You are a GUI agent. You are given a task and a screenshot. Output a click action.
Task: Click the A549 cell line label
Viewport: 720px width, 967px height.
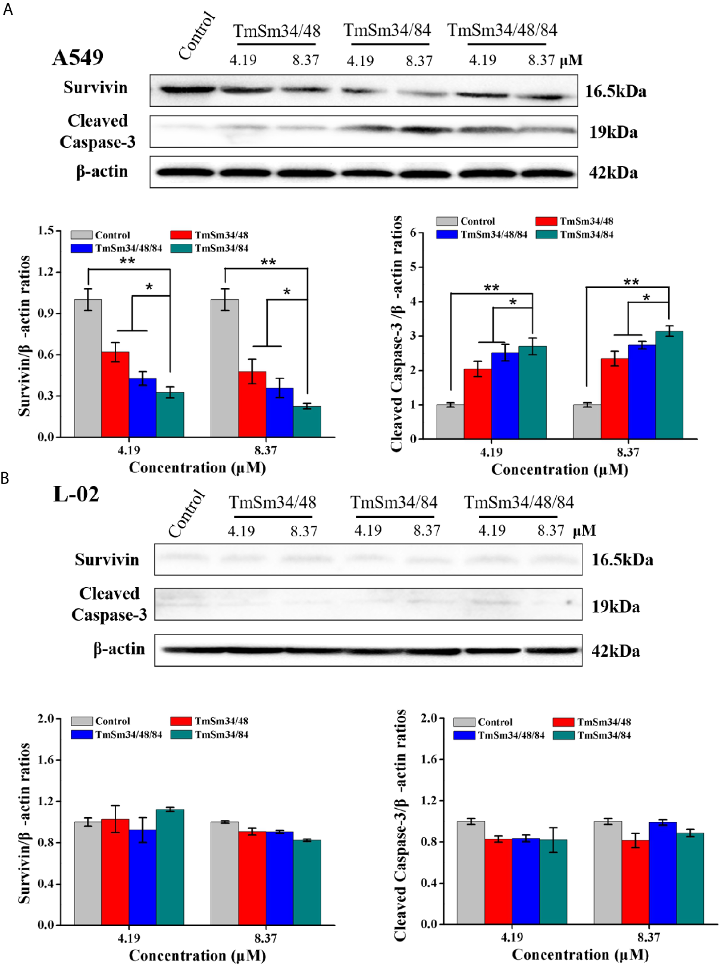click(x=77, y=58)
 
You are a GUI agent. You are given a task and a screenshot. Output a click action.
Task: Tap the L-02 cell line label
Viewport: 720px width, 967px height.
click(x=76, y=494)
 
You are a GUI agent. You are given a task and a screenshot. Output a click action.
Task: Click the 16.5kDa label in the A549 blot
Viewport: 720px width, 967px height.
click(x=615, y=92)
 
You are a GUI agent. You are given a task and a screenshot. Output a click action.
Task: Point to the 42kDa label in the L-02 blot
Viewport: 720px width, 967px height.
click(x=615, y=651)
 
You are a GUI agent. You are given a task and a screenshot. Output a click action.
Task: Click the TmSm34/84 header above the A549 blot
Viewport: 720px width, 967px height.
click(x=387, y=30)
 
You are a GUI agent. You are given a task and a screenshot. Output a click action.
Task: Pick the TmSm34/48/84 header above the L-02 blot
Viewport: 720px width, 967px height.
click(x=518, y=503)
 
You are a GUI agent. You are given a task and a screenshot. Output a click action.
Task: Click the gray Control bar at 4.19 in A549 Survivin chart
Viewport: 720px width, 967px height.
click(x=87, y=369)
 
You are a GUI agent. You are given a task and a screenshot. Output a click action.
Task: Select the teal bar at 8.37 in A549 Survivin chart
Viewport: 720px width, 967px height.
click(x=307, y=422)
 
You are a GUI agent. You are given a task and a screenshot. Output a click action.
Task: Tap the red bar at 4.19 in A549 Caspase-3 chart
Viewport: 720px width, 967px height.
click(x=478, y=404)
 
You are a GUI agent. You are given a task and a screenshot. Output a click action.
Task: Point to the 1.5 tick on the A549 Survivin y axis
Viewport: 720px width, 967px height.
click(x=46, y=230)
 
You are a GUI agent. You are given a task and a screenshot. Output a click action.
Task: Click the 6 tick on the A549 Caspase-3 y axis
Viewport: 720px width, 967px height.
click(x=413, y=233)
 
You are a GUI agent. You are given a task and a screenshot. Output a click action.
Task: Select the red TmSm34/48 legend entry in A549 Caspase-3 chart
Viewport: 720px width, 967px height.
click(x=574, y=221)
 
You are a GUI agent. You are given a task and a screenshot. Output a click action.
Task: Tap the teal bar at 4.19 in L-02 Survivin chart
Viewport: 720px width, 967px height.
click(x=170, y=867)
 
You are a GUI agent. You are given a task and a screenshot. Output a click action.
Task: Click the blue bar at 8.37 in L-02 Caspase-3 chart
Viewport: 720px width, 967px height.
click(x=663, y=873)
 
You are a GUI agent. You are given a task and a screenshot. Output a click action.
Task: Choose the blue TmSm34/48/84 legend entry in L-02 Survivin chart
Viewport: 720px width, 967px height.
click(x=117, y=734)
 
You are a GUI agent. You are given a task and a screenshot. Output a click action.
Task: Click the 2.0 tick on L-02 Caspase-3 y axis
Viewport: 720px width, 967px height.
click(x=429, y=718)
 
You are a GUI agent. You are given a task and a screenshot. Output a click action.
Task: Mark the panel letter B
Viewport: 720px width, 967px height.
click(x=5, y=478)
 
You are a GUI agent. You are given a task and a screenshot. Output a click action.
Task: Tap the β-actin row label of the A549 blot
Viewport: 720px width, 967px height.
click(x=102, y=172)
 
